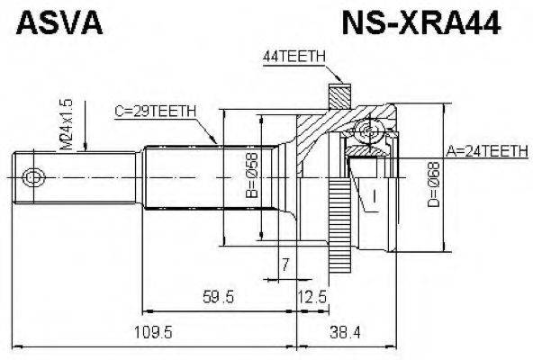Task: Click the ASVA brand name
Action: pos(57,22)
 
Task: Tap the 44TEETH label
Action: pos(293,57)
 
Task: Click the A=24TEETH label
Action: pos(485,152)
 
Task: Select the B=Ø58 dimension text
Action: pos(253,177)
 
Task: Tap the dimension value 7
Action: pos(285,265)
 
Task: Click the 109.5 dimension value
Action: pos(153,333)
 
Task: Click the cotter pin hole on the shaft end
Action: pos(32,177)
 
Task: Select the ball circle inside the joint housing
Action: pos(368,134)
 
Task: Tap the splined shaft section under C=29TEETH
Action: pos(180,177)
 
